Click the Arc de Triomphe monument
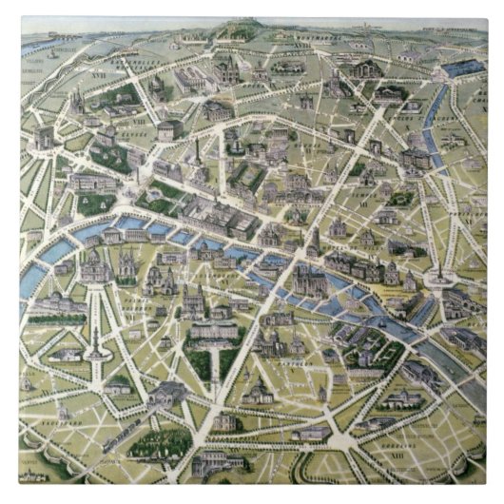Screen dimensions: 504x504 click(44, 140)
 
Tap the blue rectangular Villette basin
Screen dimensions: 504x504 click(462, 68)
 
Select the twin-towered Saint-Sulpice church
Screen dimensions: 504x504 click(195, 302)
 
